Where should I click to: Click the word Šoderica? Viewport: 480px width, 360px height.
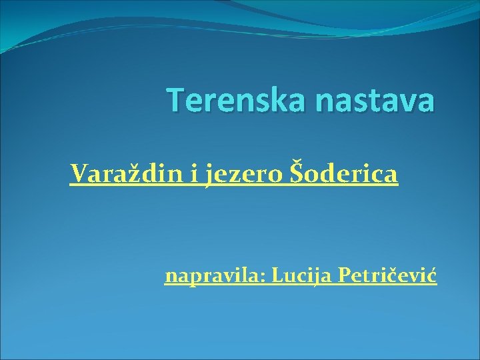click(x=344, y=174)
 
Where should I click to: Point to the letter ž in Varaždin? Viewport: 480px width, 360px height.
click(x=126, y=175)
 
